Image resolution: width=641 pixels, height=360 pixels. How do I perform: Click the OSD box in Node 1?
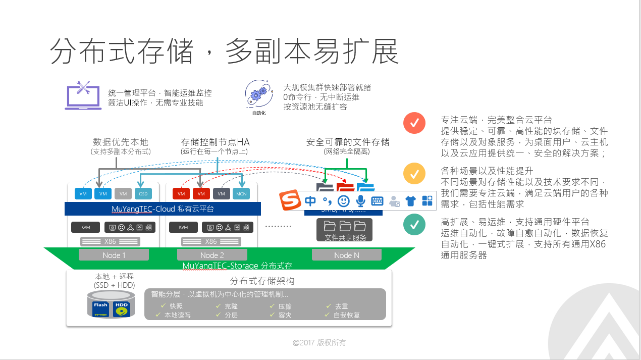click(x=143, y=193)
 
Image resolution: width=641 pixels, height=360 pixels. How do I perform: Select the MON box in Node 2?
click(x=241, y=193)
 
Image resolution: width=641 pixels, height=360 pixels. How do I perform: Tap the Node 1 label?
click(x=114, y=255)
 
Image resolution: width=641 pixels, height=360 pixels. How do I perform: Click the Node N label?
click(x=347, y=255)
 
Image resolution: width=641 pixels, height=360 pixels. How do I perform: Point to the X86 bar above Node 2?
click(x=210, y=241)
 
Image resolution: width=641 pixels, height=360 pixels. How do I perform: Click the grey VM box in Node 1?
click(x=123, y=193)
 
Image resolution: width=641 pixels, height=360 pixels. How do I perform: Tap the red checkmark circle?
click(x=414, y=123)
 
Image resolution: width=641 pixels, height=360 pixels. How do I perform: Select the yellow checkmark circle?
click(x=414, y=174)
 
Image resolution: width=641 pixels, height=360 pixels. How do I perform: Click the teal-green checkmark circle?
click(x=414, y=225)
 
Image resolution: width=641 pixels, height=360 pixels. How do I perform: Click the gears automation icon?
click(x=258, y=93)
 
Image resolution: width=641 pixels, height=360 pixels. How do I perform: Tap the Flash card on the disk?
click(x=100, y=307)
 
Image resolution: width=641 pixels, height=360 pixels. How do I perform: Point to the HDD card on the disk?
click(x=121, y=307)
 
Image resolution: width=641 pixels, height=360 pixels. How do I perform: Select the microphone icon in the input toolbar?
click(x=360, y=201)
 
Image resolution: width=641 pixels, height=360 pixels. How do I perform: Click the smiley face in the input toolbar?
click(x=343, y=201)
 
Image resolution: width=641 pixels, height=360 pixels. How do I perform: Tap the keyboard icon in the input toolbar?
click(x=378, y=201)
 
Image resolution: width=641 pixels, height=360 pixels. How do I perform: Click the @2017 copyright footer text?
click(x=319, y=343)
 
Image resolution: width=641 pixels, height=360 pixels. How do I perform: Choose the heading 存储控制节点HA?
click(x=216, y=142)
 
